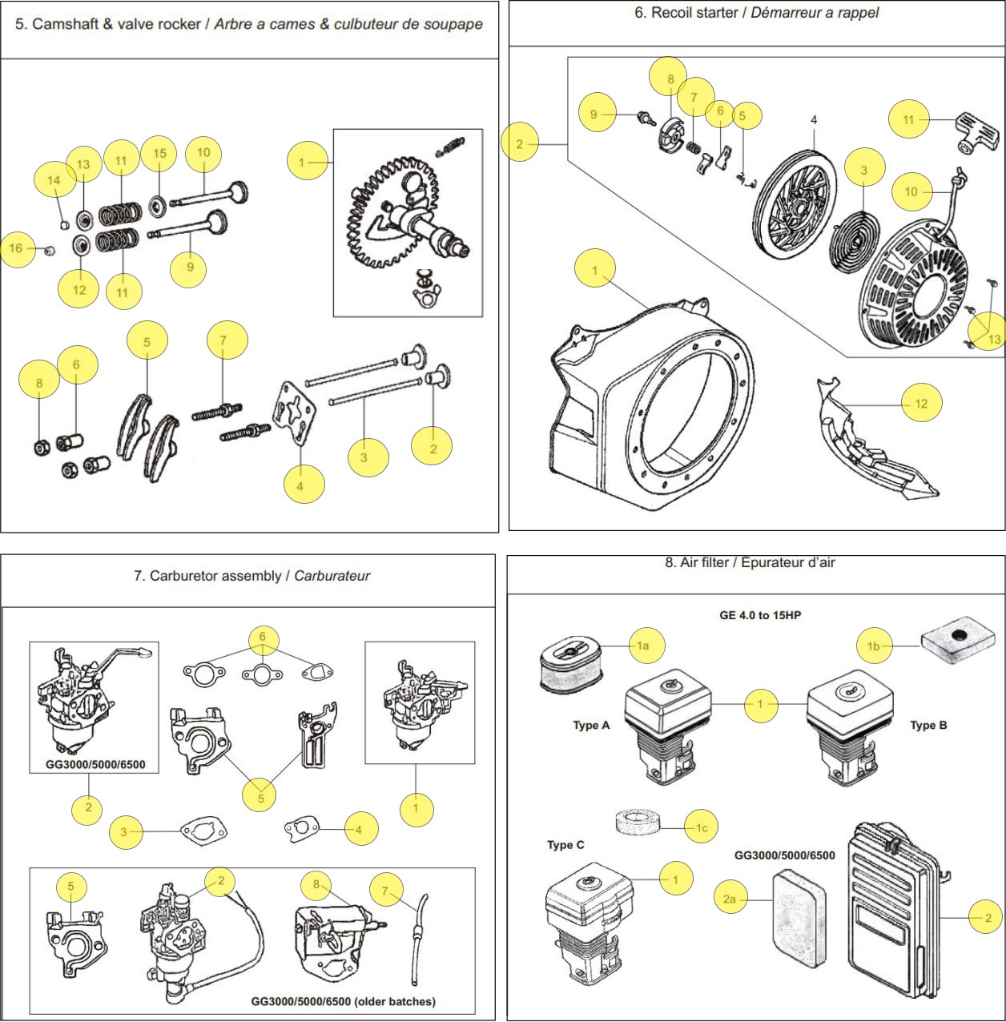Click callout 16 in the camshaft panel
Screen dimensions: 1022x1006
(x=16, y=248)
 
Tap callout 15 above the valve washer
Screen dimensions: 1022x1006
(x=159, y=154)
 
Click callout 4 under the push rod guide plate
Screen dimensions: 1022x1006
(x=300, y=485)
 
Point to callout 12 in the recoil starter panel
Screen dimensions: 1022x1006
(x=921, y=404)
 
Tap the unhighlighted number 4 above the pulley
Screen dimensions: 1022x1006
(x=814, y=120)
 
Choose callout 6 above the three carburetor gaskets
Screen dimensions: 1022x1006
(x=262, y=638)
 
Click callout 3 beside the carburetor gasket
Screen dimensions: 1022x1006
(x=123, y=831)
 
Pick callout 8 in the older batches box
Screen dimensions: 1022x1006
(x=316, y=884)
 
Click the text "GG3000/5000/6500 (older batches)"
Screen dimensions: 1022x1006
(x=343, y=1001)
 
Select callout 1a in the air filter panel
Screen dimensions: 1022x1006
(x=642, y=646)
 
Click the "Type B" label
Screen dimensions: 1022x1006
(x=928, y=726)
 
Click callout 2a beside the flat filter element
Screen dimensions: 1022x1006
(x=730, y=899)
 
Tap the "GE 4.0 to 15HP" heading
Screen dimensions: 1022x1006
(x=760, y=615)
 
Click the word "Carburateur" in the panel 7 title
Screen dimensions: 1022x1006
(x=332, y=576)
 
